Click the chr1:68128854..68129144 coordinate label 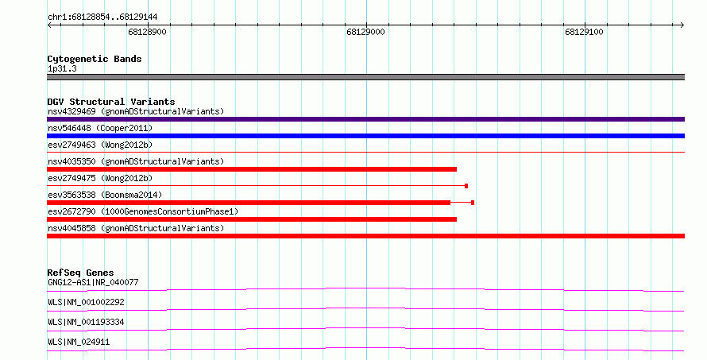tap(102, 17)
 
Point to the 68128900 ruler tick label tap(147, 32)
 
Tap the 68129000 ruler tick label tap(365, 32)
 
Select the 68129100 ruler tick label tap(584, 32)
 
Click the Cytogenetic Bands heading tap(95, 59)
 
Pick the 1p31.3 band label tap(62, 68)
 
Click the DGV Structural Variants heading tap(111, 102)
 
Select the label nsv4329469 tap(71, 111)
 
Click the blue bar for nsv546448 tap(365, 136)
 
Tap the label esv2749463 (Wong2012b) tap(100, 145)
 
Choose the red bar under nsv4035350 tap(252, 169)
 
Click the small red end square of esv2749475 tap(466, 186)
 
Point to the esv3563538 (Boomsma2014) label tap(105, 195)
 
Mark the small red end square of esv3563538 tap(473, 203)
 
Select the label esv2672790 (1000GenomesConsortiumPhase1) tap(143, 211)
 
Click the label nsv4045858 tap(71, 228)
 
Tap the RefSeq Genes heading tap(80, 273)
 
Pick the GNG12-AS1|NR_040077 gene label tap(93, 282)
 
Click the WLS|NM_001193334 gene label tap(86, 322)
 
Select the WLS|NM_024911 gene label tap(79, 342)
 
